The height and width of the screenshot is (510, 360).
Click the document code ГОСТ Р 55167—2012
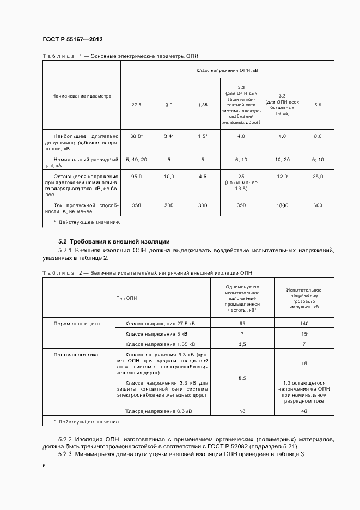pos(72,40)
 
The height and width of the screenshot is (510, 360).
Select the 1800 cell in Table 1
pos(282,205)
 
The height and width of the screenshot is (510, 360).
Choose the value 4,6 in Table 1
pos(202,177)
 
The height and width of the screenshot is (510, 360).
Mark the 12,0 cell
pos(282,177)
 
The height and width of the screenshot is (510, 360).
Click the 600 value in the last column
pos(318,205)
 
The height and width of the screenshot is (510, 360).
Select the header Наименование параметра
pos(82,96)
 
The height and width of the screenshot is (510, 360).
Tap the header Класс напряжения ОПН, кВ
pos(227,70)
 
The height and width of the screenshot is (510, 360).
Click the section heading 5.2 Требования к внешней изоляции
pos(114,241)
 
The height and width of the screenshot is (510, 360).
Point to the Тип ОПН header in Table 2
pos(126,298)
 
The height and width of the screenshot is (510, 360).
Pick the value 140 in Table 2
pos(304,324)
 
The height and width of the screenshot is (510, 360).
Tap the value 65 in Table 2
pos(242,324)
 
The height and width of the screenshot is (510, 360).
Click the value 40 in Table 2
pos(304,411)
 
